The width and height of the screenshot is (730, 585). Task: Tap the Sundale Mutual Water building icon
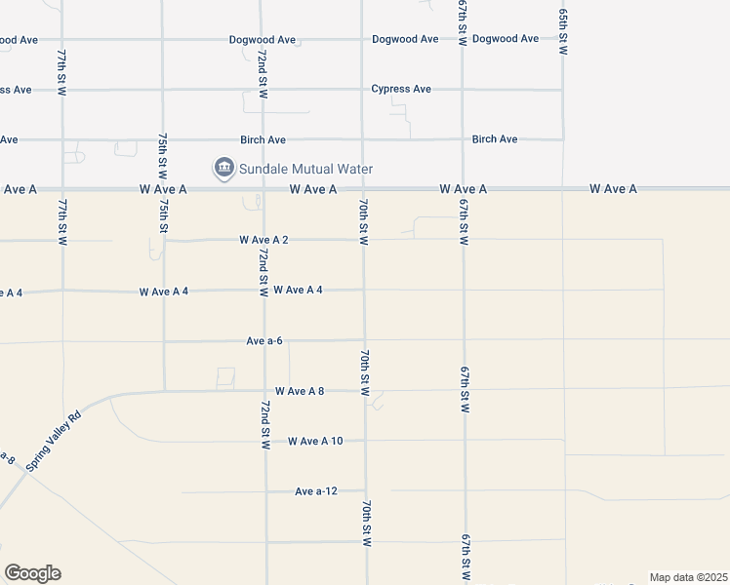click(224, 169)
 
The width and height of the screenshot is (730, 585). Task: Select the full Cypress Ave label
click(401, 90)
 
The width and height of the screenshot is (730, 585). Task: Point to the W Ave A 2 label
click(264, 240)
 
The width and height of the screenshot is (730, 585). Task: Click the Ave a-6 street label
click(264, 341)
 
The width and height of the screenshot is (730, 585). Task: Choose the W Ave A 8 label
click(300, 391)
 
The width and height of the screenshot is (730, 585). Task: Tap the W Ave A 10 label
click(315, 442)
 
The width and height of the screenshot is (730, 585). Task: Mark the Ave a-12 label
click(316, 491)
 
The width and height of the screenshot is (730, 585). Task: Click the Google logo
click(32, 573)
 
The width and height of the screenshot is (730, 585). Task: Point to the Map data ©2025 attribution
click(688, 577)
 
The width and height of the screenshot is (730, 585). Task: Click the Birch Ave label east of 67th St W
click(495, 139)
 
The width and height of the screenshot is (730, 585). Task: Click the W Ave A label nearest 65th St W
click(613, 189)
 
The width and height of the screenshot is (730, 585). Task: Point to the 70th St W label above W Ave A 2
click(363, 221)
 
